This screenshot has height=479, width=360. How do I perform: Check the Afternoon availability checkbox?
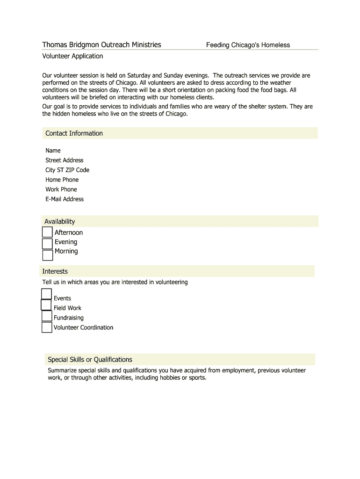click(x=47, y=232)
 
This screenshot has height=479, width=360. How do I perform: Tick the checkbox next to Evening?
click(x=47, y=244)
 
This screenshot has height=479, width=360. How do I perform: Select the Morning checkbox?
click(x=48, y=255)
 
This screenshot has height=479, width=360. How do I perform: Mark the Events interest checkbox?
click(x=46, y=294)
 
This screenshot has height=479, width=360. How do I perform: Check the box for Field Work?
click(x=46, y=305)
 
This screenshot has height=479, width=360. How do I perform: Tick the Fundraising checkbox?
click(x=47, y=316)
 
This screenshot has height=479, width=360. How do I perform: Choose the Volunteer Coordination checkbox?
click(x=47, y=327)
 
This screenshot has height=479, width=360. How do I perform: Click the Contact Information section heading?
click(x=74, y=133)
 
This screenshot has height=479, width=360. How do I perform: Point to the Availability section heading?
click(x=59, y=221)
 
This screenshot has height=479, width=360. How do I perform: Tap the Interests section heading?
click(x=55, y=271)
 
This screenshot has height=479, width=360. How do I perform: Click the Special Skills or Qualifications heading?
click(x=90, y=359)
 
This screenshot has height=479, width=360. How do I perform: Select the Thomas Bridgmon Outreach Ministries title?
click(x=101, y=45)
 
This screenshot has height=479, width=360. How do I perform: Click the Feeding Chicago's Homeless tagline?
click(x=248, y=45)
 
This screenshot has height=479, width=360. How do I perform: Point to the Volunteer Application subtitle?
click(x=72, y=56)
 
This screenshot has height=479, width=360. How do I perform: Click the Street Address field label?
click(x=64, y=160)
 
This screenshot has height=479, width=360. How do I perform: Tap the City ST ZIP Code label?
click(x=67, y=170)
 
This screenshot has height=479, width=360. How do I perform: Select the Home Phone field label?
click(x=62, y=180)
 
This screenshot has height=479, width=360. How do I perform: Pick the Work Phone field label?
click(x=61, y=189)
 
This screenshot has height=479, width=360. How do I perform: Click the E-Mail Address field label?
click(x=64, y=199)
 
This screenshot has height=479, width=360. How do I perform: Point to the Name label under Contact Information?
click(x=53, y=151)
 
